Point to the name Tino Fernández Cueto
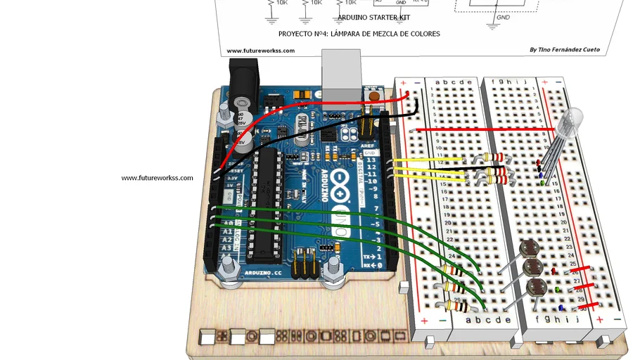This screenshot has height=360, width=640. click(564, 50)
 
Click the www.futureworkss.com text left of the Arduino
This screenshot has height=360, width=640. click(157, 178)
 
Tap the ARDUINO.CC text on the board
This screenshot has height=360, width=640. click(264, 271)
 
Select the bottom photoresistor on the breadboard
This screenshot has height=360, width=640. click(535, 288)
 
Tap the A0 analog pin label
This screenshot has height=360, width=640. click(227, 222)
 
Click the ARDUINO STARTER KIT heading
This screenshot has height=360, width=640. click(373, 18)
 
